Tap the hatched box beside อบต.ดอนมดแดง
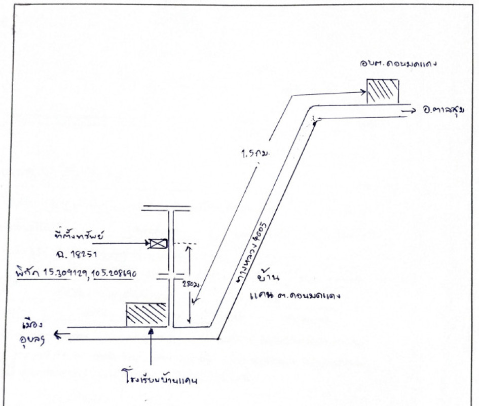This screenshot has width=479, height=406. click(383, 91)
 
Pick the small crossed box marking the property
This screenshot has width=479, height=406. click(156, 244)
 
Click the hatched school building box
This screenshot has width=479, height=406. click(146, 315)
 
